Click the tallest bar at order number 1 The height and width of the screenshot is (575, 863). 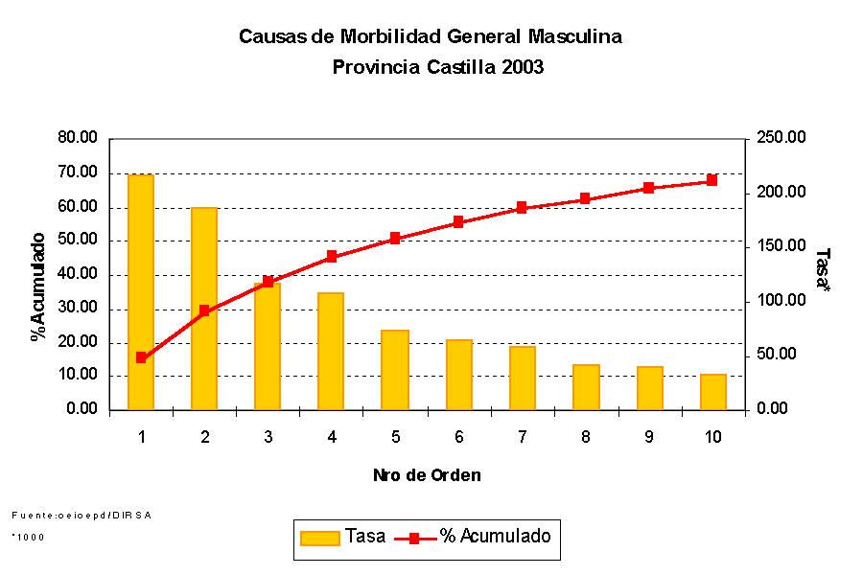(x=141, y=287)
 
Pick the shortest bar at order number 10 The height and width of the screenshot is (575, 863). (x=712, y=392)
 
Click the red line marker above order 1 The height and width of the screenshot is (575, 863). (x=141, y=357)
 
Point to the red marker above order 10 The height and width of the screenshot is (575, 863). (x=711, y=180)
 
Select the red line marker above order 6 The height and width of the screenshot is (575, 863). (x=458, y=222)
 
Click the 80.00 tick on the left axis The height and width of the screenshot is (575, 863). (x=78, y=138)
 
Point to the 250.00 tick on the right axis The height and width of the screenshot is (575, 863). (x=781, y=138)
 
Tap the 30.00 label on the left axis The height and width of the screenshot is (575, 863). (x=78, y=309)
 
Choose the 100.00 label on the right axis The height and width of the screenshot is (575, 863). (x=781, y=301)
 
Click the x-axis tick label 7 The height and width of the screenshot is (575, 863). (x=522, y=437)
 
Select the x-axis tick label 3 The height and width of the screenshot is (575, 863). (x=268, y=437)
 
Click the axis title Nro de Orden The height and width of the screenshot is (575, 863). (x=427, y=475)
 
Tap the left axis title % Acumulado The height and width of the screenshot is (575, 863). (x=38, y=286)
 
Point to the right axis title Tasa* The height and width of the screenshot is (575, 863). (x=822, y=271)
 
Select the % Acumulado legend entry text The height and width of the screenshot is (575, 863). (x=496, y=537)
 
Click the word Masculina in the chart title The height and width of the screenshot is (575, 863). (x=574, y=37)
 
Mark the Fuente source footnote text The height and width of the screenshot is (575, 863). (x=82, y=515)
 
